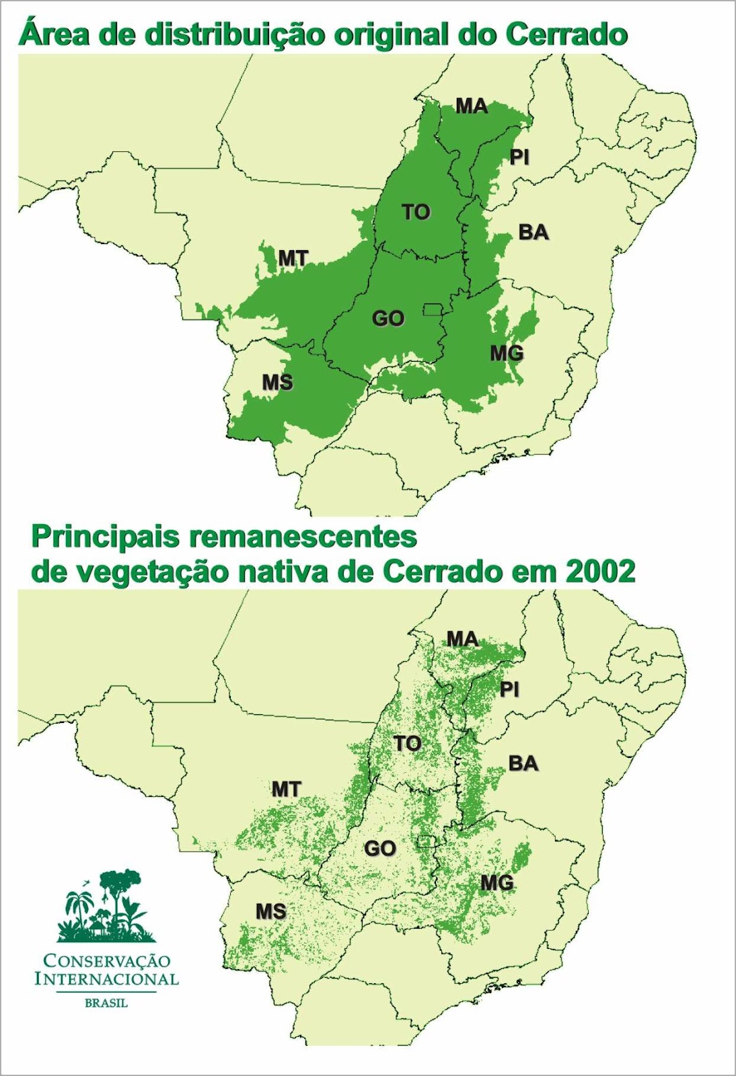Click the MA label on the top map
click(471, 106)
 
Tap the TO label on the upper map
click(416, 212)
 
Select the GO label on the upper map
click(388, 318)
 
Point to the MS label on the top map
click(277, 382)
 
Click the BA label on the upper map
click(533, 233)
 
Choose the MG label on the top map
click(506, 352)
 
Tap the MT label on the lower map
click(286, 789)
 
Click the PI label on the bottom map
click(509, 689)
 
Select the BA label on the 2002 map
click(523, 763)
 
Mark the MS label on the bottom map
click(270, 911)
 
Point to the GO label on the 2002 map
click(379, 849)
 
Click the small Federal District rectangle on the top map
click(431, 309)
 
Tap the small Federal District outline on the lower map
click(425, 840)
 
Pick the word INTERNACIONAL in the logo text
click(106, 978)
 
